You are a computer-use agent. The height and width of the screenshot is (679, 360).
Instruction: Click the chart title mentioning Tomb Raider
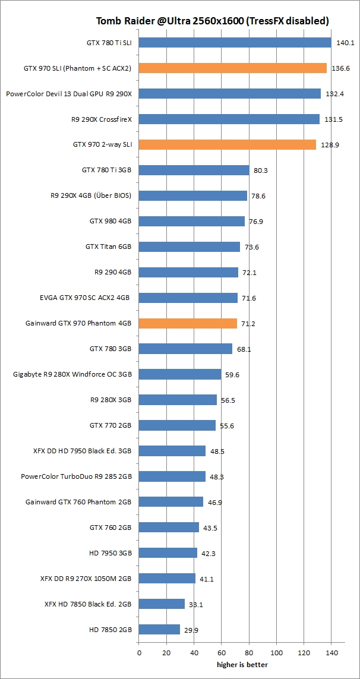click(x=213, y=21)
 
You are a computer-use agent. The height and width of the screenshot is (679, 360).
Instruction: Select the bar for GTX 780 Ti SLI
click(x=235, y=43)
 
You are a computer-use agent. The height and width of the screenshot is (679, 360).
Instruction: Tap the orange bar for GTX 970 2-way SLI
click(x=228, y=145)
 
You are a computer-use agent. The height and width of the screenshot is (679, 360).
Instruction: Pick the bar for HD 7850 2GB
click(x=159, y=629)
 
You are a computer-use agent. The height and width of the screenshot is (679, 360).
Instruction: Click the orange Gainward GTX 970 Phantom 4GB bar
click(x=188, y=323)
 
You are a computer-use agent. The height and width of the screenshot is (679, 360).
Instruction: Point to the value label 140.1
click(x=345, y=43)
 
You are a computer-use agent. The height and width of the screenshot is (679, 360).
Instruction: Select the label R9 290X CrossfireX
click(x=101, y=119)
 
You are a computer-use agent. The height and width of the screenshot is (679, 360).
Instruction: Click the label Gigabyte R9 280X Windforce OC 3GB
click(x=72, y=374)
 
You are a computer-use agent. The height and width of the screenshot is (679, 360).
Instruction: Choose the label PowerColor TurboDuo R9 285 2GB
click(x=76, y=476)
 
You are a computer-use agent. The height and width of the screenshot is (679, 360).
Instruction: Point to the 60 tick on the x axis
click(x=222, y=653)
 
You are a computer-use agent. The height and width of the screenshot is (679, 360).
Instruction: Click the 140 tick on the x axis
click(x=331, y=653)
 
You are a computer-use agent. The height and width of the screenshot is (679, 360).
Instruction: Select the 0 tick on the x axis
click(x=139, y=653)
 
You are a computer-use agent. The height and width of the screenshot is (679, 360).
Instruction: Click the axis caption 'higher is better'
click(x=242, y=664)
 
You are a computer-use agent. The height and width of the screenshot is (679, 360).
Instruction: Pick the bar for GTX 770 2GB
click(x=177, y=425)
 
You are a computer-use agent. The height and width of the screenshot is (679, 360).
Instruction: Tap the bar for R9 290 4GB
click(x=188, y=272)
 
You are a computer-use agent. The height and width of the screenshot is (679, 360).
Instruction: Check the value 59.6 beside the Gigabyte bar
click(x=233, y=375)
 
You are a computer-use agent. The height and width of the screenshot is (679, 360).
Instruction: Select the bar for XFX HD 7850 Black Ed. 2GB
click(x=162, y=604)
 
